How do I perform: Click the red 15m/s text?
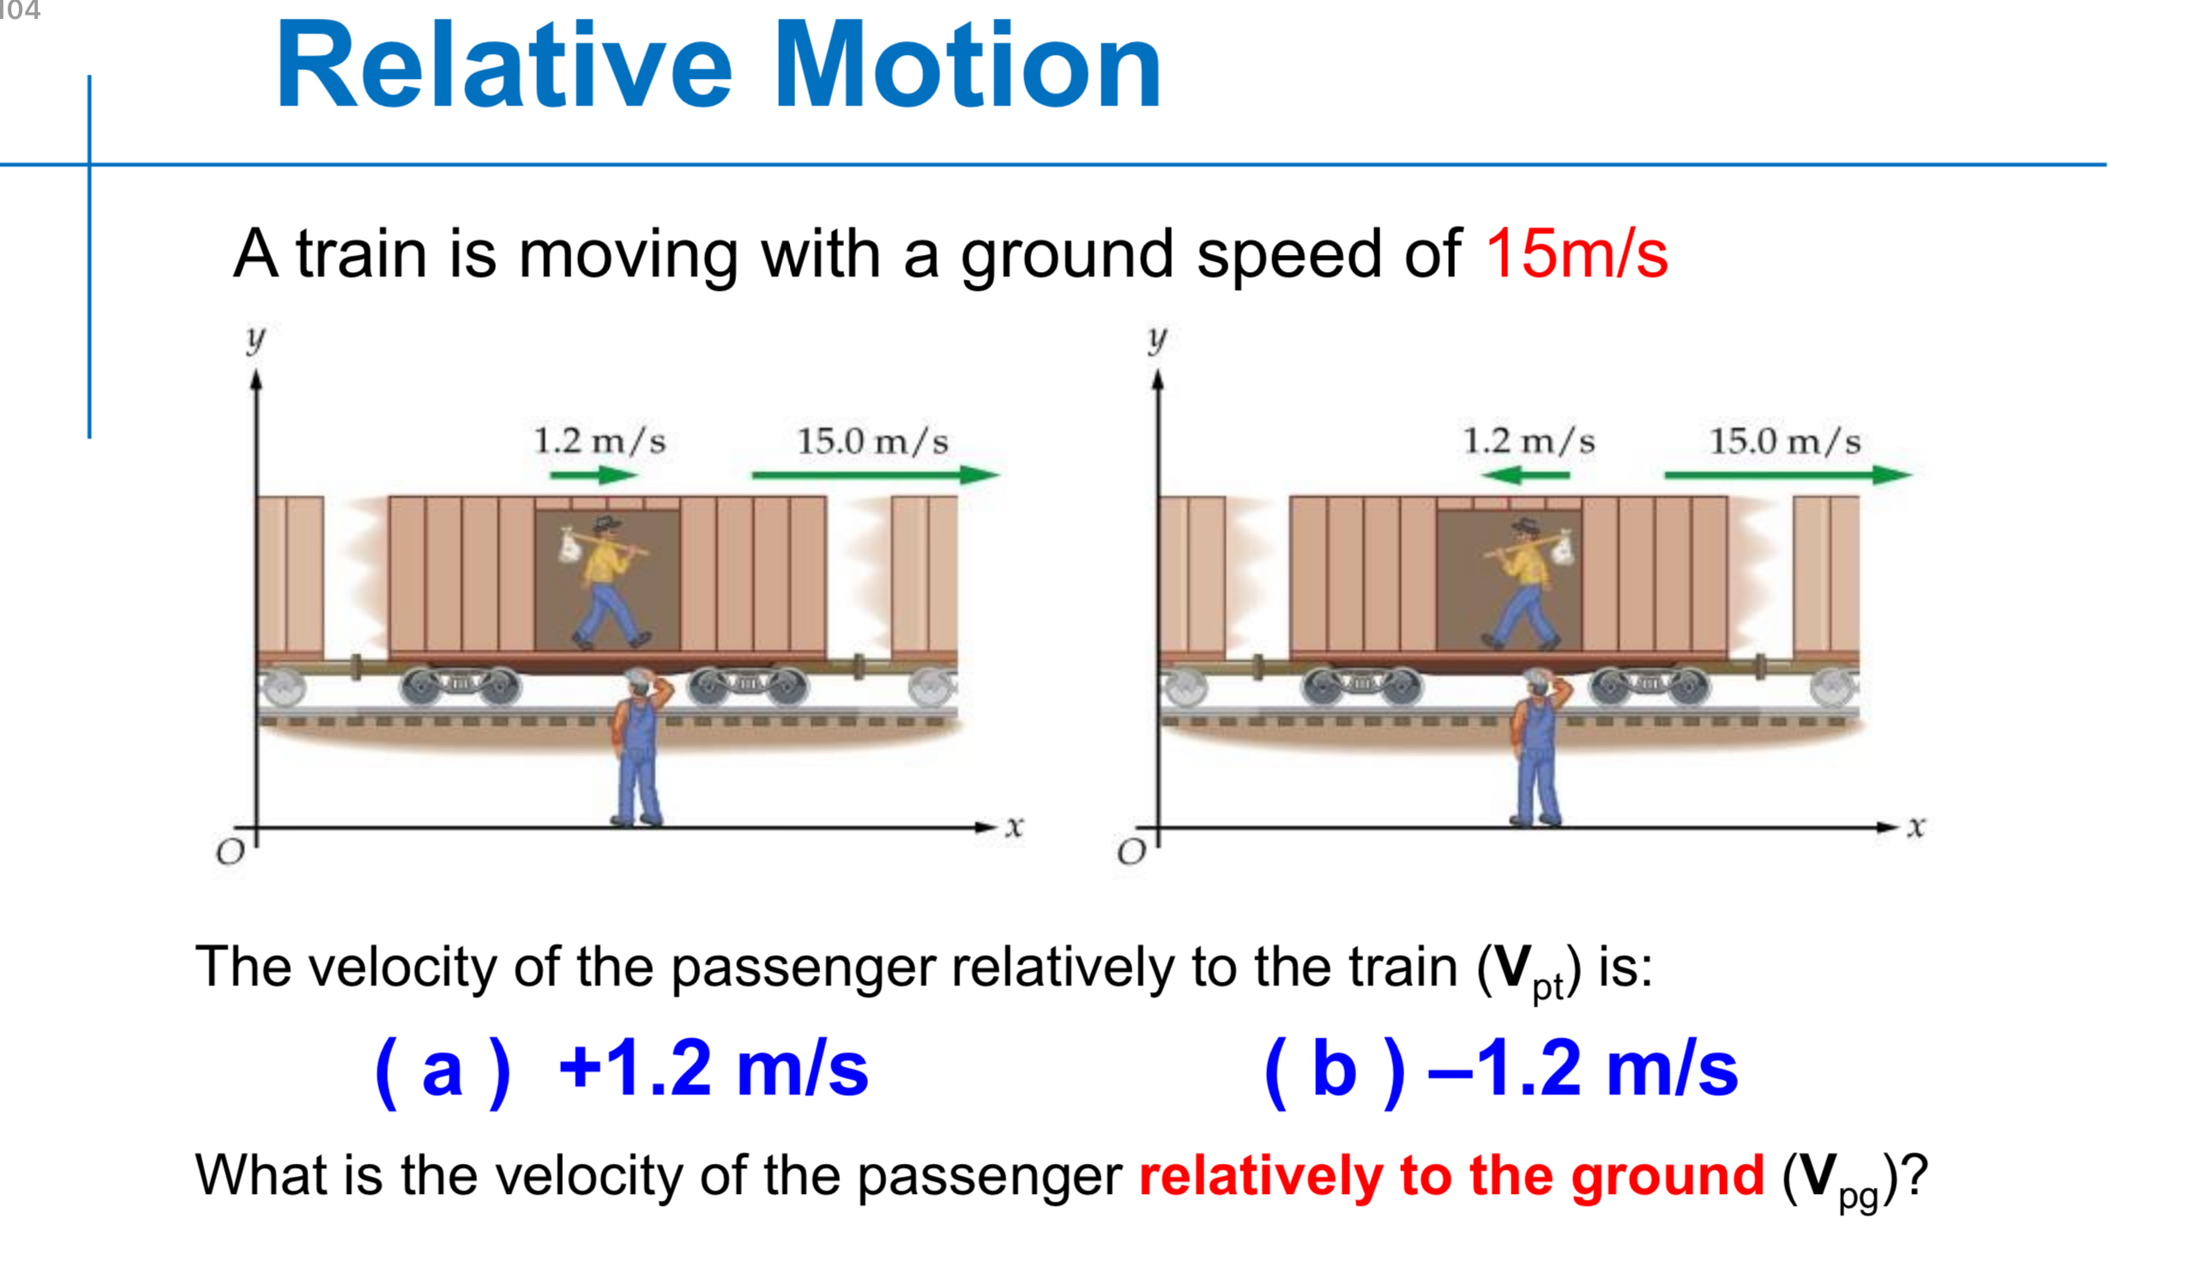pos(1576,254)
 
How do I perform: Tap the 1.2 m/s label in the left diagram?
pos(600,442)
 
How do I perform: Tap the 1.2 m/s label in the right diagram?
pos(1529,442)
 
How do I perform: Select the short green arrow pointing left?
pos(1525,475)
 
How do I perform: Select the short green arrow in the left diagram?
pos(594,475)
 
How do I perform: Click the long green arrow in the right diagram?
pos(1787,475)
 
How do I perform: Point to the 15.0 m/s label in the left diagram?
pos(872,442)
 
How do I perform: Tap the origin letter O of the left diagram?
pos(230,854)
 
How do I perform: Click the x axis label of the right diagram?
pos(1916,826)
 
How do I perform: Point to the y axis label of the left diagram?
pos(255,337)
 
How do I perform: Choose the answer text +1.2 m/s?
pos(713,1069)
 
